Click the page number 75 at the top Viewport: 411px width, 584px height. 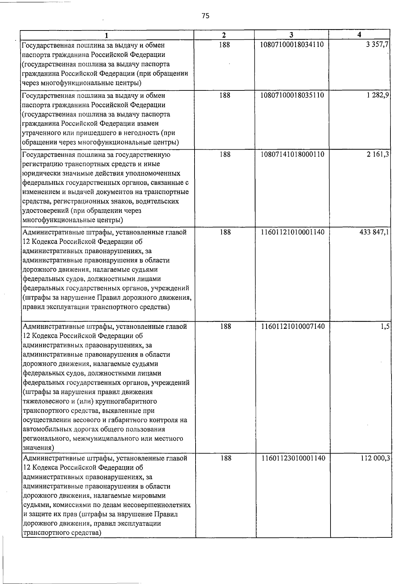pyautogui.click(x=206, y=16)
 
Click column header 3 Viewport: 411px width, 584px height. pyautogui.click(x=291, y=35)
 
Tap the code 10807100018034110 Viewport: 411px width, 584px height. pyautogui.click(x=292, y=45)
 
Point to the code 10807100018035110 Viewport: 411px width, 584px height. pyautogui.click(x=292, y=95)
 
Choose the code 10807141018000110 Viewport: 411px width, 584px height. pyautogui.click(x=292, y=154)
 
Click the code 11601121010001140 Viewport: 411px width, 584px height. pyautogui.click(x=292, y=232)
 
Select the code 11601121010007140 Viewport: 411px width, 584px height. pyautogui.click(x=292, y=326)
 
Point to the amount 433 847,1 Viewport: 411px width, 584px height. pyautogui.click(x=374, y=232)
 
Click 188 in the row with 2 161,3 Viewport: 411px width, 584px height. pyautogui.click(x=225, y=154)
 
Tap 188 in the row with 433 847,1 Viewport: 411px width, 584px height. pyautogui.click(x=225, y=232)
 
